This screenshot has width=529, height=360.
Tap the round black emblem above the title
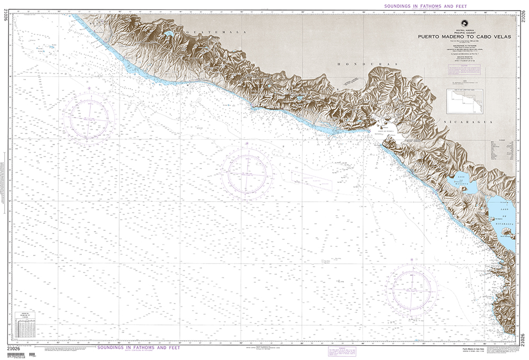[464, 22]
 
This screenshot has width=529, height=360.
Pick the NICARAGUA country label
[474, 122]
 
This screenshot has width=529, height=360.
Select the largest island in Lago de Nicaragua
[508, 232]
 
